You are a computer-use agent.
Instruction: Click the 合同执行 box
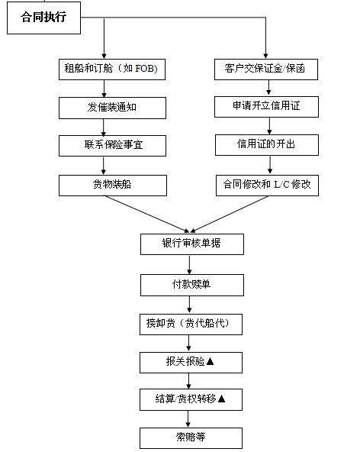click(43, 18)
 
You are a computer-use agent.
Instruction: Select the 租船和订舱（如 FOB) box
click(112, 69)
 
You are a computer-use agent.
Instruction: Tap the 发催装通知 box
click(112, 108)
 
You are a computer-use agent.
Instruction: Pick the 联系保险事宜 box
click(112, 146)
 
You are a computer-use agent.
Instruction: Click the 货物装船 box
click(113, 186)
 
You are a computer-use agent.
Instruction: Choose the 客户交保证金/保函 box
click(266, 69)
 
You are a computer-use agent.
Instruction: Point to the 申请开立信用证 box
click(266, 107)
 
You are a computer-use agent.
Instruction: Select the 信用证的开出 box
click(267, 145)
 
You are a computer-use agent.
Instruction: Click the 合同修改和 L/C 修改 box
click(267, 186)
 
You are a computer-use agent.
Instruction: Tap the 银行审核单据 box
click(192, 244)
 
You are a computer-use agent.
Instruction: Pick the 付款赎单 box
click(192, 285)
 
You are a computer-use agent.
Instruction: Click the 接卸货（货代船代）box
click(191, 324)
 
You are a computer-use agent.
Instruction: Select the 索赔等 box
click(191, 438)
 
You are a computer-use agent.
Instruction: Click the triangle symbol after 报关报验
click(210, 361)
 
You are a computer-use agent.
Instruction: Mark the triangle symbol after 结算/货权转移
click(221, 399)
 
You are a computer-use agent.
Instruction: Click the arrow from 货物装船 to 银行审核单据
click(146, 214)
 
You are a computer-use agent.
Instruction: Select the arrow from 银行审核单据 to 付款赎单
click(189, 265)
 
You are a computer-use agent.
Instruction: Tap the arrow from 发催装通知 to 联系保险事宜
click(104, 127)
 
